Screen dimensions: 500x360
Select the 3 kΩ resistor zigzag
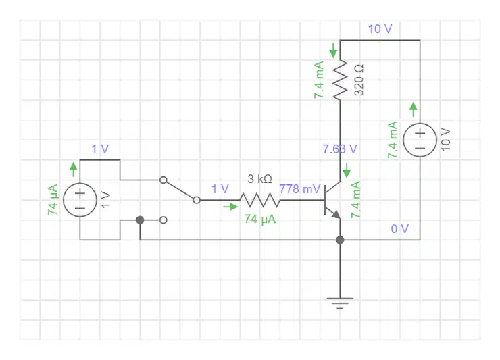260,200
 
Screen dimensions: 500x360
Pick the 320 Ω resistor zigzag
340,80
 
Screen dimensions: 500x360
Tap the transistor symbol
332,200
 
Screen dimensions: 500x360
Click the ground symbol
340,303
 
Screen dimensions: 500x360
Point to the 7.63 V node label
340,149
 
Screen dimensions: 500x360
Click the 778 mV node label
300,189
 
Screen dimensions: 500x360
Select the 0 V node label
399,228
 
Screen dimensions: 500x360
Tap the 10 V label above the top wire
380,29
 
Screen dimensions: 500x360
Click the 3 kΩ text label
260,179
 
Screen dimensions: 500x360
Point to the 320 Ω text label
359,80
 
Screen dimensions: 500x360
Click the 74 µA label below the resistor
260,219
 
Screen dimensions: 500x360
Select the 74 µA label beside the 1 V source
53,200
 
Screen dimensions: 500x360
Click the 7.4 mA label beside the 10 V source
393,140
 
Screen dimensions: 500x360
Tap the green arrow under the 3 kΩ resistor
230,207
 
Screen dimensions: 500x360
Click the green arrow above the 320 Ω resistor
333,51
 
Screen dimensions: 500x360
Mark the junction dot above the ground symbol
340,240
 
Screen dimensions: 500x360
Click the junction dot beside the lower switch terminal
140,220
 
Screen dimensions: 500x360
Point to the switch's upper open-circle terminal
164,180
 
